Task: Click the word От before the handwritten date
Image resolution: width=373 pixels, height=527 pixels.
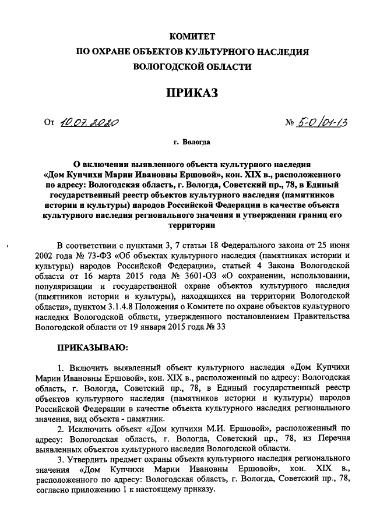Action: (49, 123)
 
